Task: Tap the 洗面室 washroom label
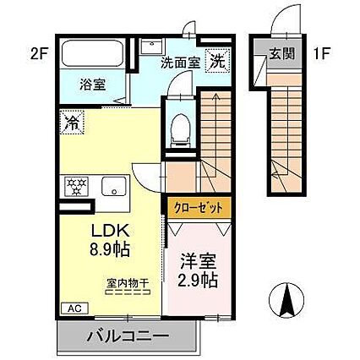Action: point(181,62)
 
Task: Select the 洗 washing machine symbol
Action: point(217,61)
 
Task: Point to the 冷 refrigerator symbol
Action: point(70,123)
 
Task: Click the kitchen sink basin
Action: point(110,186)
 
